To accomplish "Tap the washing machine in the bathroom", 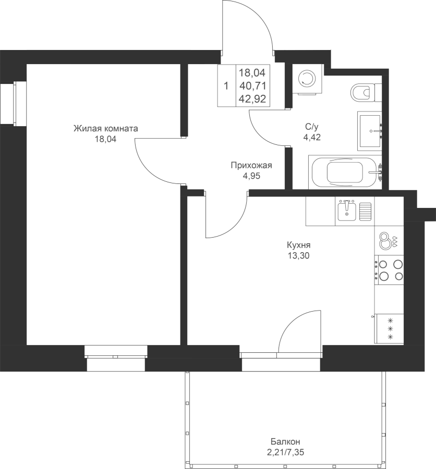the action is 308,79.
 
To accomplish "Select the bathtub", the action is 345,172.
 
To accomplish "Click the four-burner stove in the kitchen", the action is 389,270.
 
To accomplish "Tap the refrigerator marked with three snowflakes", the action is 390,329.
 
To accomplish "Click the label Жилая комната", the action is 106,129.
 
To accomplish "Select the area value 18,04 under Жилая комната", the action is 106,139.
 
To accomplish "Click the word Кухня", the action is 298,245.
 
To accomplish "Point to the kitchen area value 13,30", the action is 298,256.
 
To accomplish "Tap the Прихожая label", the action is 251,165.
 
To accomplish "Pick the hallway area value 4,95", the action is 251,176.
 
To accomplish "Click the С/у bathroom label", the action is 311,127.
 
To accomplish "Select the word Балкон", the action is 285,441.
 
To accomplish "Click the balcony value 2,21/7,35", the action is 285,452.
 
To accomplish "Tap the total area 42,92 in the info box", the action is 253,98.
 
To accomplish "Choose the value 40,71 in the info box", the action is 253,86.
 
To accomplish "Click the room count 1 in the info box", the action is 226,86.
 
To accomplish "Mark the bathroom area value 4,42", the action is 312,137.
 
